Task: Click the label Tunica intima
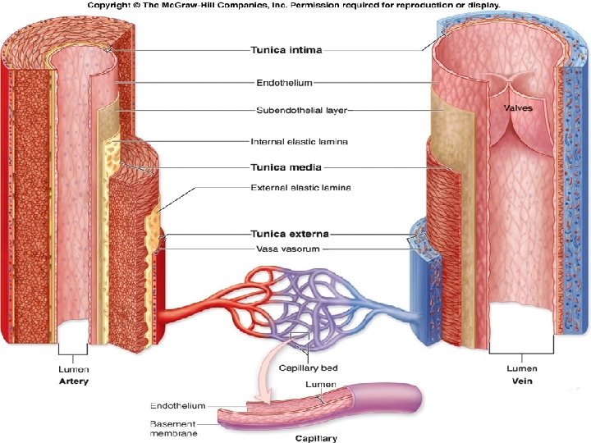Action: click(x=286, y=50)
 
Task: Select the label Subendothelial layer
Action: click(x=300, y=109)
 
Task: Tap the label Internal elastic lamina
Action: click(x=299, y=141)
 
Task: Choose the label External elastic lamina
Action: click(x=300, y=188)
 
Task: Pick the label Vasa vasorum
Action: click(x=285, y=249)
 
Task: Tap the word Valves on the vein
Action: click(x=517, y=107)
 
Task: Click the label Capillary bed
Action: click(x=309, y=368)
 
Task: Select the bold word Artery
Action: click(x=74, y=381)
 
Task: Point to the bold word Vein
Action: click(x=522, y=381)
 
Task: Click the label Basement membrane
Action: click(x=173, y=428)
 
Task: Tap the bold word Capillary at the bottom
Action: click(x=316, y=438)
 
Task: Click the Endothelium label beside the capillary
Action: click(x=177, y=405)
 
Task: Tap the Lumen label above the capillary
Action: click(x=320, y=384)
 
